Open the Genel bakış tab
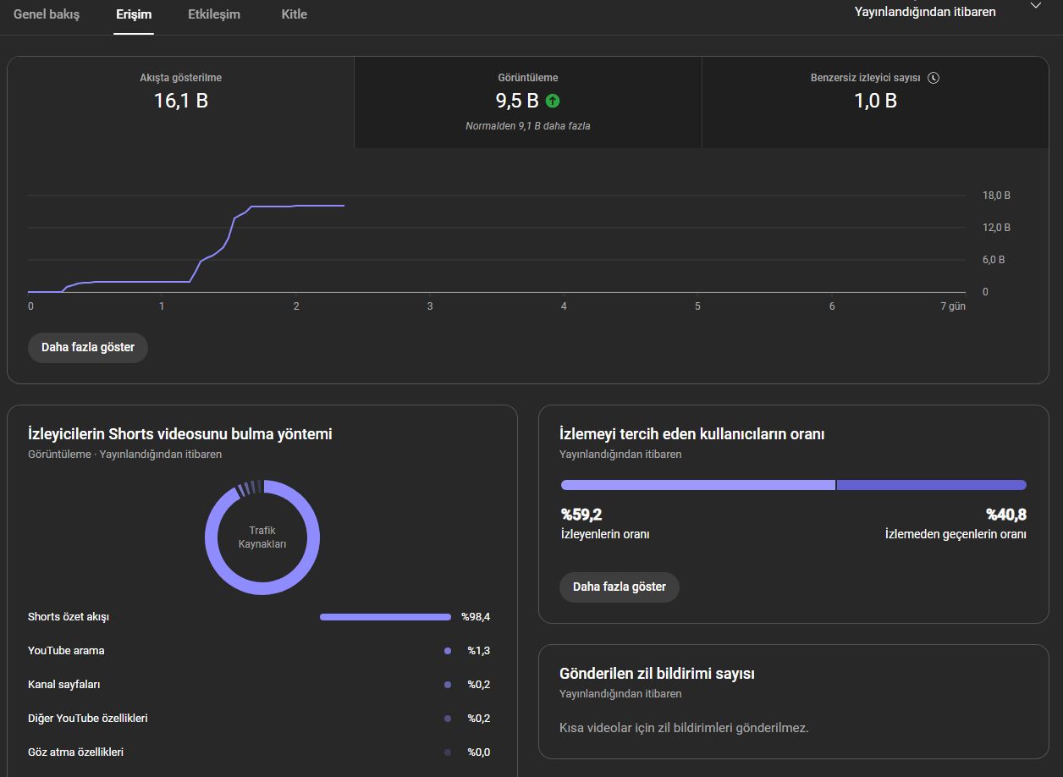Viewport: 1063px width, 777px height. click(x=47, y=14)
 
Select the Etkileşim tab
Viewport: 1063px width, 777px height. click(x=214, y=14)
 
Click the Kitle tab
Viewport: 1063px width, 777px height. click(x=295, y=14)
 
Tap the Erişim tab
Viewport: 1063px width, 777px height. click(x=134, y=14)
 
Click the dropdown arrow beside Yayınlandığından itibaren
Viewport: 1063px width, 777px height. click(x=1035, y=6)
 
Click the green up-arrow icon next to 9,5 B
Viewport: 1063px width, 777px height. click(x=553, y=101)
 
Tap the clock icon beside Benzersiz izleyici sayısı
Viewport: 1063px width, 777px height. click(x=934, y=78)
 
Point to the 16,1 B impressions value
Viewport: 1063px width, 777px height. click(x=181, y=101)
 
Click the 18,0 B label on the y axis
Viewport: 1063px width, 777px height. click(x=996, y=195)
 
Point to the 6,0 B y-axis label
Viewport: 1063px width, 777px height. click(x=994, y=260)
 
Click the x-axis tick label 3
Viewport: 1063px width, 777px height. click(x=430, y=306)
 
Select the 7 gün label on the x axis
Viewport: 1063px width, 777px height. click(x=953, y=306)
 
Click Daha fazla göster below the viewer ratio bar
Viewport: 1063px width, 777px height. click(x=620, y=587)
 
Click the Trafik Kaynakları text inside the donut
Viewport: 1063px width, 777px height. click(x=262, y=537)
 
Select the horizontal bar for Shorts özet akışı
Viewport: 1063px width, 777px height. click(x=385, y=616)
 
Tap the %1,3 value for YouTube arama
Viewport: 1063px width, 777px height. click(x=478, y=650)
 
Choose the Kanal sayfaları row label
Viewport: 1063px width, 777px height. click(x=64, y=684)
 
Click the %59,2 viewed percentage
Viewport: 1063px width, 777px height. click(x=581, y=514)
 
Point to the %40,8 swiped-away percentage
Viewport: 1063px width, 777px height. click(x=1006, y=514)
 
